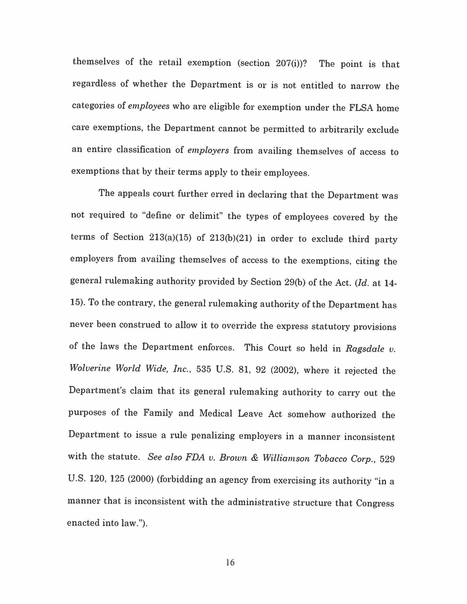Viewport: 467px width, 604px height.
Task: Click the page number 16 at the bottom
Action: (x=230, y=562)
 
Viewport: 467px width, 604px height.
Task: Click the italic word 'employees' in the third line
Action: (x=149, y=106)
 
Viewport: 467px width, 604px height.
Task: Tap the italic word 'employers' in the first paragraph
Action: (x=208, y=150)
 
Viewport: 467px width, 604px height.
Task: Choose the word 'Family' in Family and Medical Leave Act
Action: (x=158, y=413)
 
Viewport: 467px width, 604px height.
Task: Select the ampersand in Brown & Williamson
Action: (x=254, y=458)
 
